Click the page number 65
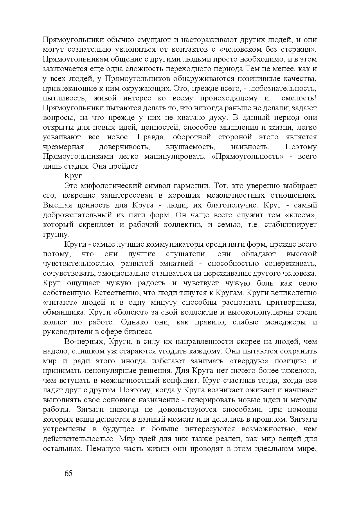click(x=68, y=473)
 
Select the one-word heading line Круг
click(x=73, y=176)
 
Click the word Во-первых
click(x=82, y=342)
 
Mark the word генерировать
click(x=212, y=400)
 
